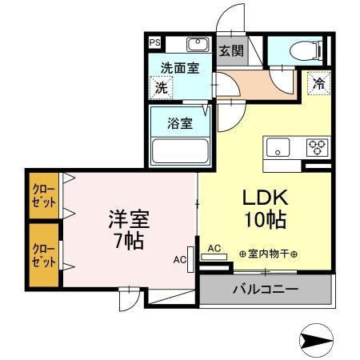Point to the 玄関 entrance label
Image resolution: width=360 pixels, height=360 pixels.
coord(230,51)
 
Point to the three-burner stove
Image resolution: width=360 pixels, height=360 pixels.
coord(316,147)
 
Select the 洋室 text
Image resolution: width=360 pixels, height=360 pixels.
coord(129,218)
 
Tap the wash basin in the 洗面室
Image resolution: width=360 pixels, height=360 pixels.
coord(197,44)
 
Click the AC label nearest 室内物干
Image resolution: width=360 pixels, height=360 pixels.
coord(214,248)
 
